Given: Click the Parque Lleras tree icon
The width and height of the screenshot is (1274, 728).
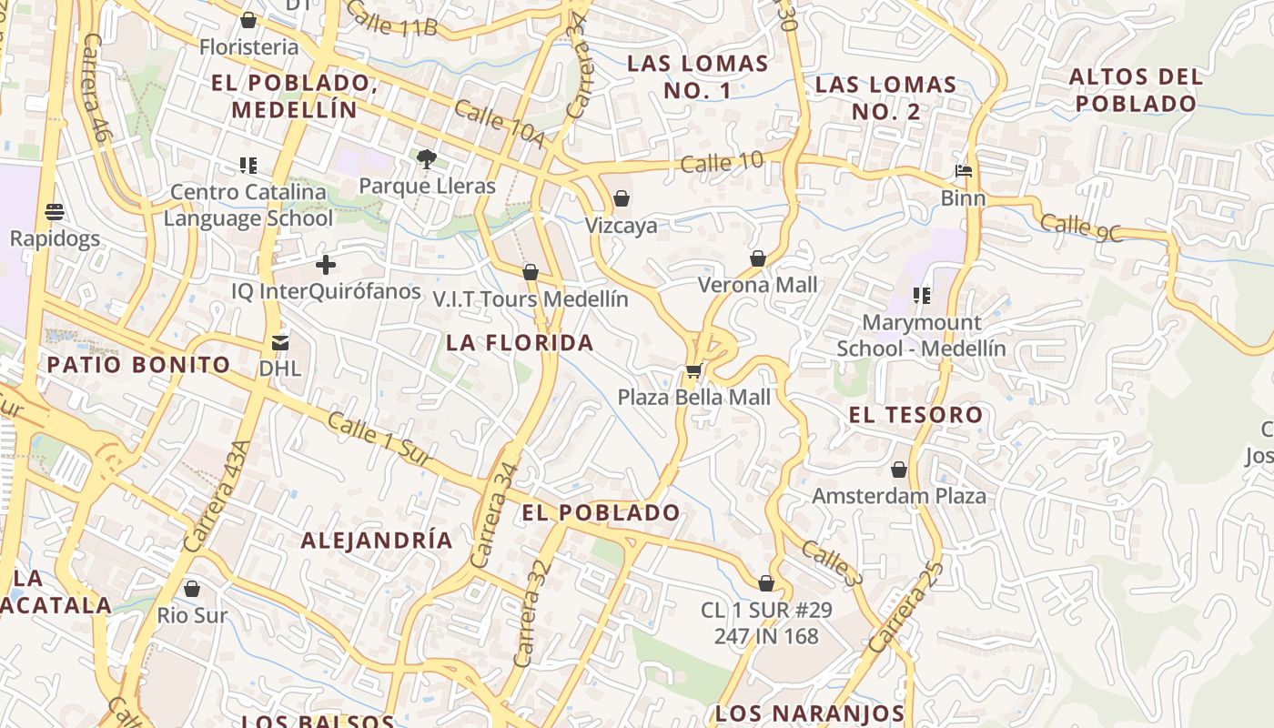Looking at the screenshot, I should coord(426,159).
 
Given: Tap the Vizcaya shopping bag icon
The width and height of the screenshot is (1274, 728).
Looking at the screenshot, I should coord(622,198).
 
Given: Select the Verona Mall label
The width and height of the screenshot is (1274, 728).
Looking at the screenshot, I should coord(757,285).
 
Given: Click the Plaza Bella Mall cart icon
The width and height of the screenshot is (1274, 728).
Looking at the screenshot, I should coord(693,370).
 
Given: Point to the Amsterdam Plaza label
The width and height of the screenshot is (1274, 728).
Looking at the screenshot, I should coord(898,496).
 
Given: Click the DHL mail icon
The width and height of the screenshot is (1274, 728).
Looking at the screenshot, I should coord(279,343).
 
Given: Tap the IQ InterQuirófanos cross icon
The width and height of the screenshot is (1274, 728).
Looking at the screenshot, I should coord(325,266).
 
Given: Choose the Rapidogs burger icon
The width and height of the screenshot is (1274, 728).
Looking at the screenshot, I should coord(55,212).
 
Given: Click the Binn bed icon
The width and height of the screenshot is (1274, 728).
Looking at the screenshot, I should coord(963,171).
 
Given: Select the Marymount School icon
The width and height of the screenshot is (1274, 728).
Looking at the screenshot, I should coord(921,296).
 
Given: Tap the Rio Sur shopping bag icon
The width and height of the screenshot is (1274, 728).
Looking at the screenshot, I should coord(191,589).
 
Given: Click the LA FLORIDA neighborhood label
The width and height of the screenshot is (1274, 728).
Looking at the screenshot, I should coord(520,343).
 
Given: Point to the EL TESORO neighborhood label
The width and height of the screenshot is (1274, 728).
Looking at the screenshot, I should coord(915,415).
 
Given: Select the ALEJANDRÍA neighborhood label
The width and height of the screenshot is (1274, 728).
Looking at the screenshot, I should coord(377,540).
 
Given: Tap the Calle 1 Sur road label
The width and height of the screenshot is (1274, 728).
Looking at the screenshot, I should coord(379,440).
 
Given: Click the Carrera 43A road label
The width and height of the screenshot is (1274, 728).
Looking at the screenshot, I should coord(217,496).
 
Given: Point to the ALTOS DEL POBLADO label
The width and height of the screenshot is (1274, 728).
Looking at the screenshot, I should coord(1136,89).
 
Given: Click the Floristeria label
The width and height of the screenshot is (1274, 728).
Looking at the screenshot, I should coord(248,46).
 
